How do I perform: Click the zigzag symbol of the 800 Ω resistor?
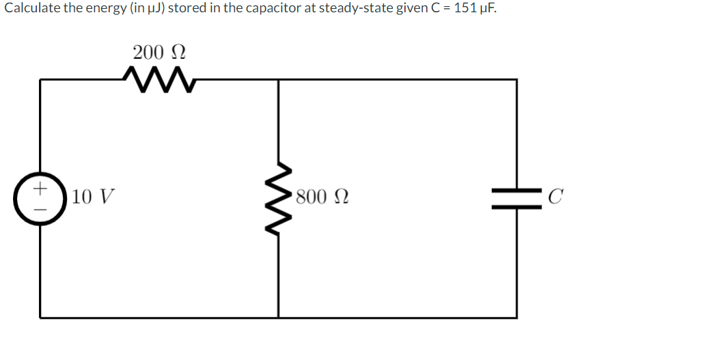click(278, 198)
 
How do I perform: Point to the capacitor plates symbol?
click(516, 198)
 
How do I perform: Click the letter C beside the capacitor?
click(556, 198)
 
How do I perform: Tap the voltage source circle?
click(40, 198)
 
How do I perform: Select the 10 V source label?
click(92, 198)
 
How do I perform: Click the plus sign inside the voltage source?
click(40, 186)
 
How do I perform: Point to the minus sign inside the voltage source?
click(40, 210)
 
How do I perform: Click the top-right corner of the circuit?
click(516, 79)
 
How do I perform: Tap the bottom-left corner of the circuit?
click(40, 317)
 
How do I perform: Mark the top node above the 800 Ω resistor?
click(278, 79)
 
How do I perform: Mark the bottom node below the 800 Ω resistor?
click(278, 317)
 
